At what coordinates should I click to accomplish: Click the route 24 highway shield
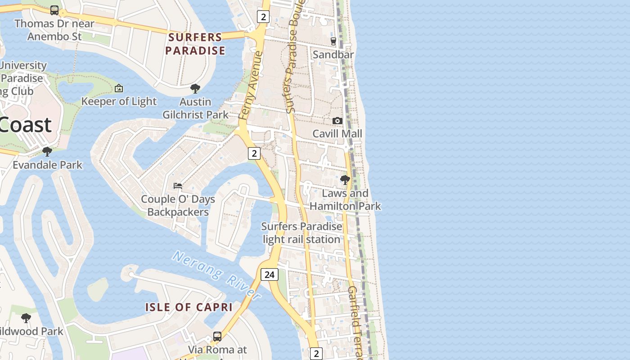point(270,274)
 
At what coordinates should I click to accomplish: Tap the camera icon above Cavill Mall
point(337,121)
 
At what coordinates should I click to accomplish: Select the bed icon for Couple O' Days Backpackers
point(178,185)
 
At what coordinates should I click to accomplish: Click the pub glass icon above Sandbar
point(333,41)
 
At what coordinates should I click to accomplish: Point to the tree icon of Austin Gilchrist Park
point(195,88)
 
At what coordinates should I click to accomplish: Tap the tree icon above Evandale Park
point(47,152)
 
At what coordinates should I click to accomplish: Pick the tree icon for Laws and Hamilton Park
point(345,180)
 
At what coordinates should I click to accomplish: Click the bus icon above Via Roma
point(217,336)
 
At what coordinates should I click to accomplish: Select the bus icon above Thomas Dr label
point(54,10)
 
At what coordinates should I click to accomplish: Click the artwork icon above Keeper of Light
point(119,88)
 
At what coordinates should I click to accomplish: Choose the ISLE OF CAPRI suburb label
point(189,307)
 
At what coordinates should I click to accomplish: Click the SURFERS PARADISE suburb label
point(195,44)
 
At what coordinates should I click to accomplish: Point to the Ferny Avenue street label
point(251,85)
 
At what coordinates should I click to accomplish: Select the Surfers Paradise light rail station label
point(301,233)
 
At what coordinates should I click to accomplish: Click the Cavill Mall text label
point(337,134)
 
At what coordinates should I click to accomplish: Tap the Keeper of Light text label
point(119,102)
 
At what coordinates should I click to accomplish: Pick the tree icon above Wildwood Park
point(26,318)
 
